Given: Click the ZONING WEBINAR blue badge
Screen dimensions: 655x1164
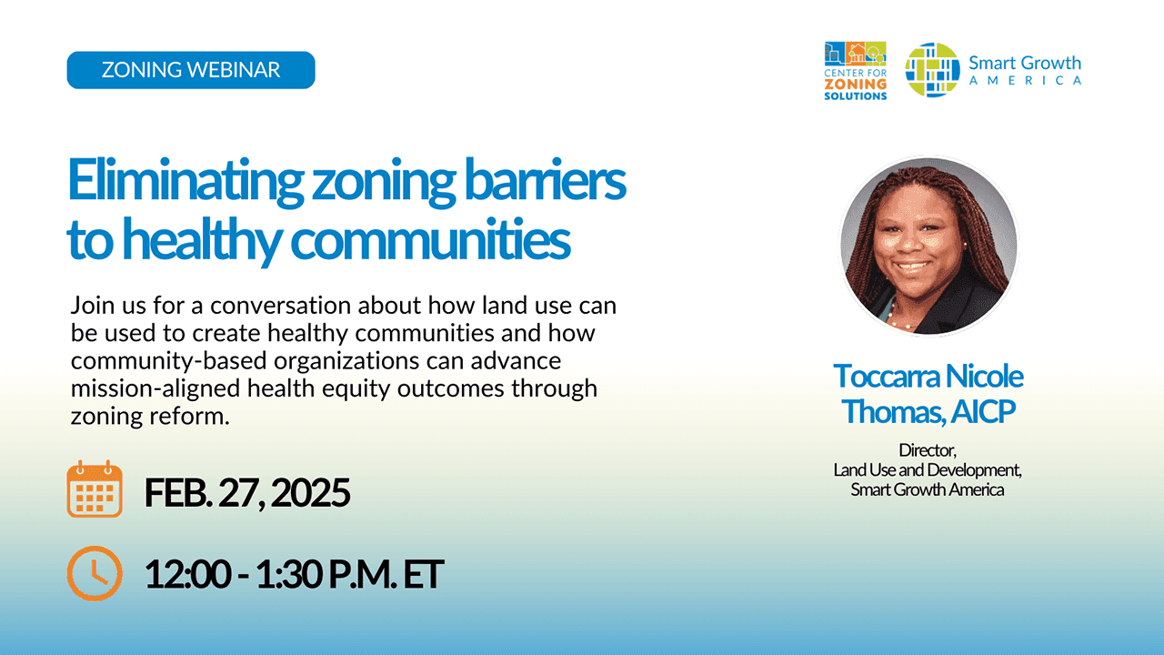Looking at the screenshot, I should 191,70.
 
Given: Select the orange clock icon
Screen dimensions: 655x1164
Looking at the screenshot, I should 95,573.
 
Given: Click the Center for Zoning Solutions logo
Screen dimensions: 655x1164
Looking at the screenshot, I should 855,70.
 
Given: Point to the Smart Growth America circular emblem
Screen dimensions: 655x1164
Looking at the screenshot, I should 933,70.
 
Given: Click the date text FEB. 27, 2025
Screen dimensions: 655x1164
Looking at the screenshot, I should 247,493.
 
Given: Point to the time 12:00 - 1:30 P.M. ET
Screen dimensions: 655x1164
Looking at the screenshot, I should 294,574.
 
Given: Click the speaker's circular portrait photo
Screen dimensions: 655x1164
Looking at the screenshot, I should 928,247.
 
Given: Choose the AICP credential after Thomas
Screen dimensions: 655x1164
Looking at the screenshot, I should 982,411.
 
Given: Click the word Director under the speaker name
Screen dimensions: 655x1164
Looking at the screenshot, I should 928,449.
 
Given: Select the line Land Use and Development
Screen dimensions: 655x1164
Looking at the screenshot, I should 928,469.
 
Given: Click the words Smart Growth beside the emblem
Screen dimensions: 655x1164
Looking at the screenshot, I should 1025,63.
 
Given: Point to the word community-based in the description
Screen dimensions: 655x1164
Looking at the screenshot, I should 158,360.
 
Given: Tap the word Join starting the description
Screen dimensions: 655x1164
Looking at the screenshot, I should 92,304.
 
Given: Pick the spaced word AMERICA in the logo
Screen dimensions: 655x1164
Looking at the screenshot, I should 1025,80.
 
